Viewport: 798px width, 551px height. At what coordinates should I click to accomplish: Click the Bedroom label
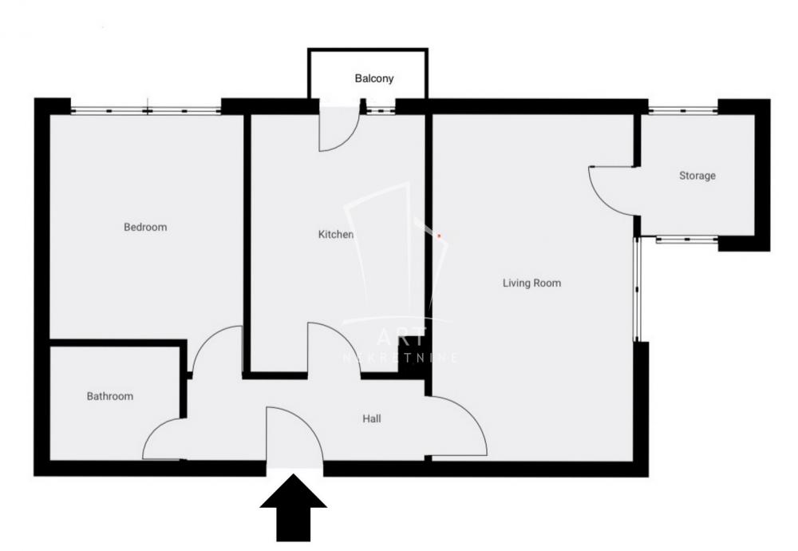click(x=145, y=228)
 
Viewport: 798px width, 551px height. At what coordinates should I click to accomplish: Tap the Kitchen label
click(x=335, y=235)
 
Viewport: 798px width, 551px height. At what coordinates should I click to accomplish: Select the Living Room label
click(x=531, y=283)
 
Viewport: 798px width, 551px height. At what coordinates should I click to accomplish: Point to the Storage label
click(x=697, y=176)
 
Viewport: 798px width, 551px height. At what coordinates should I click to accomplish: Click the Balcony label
click(x=374, y=80)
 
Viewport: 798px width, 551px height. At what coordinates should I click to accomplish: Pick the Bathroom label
click(x=110, y=396)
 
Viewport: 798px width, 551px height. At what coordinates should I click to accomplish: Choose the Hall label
click(x=371, y=418)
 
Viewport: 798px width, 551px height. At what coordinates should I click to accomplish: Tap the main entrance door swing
click(x=293, y=435)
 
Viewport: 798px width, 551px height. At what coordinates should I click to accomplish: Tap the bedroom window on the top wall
click(x=145, y=110)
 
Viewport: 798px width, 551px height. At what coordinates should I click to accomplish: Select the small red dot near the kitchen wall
click(x=438, y=236)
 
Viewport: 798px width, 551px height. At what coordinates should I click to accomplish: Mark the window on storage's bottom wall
click(x=686, y=238)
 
